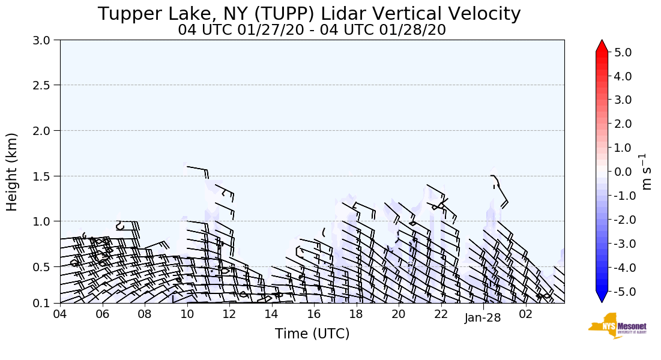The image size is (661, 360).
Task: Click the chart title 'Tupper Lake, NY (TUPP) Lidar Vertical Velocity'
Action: pos(309,14)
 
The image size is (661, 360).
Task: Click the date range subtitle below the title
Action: pos(312,29)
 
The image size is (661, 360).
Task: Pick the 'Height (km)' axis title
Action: pos(13,172)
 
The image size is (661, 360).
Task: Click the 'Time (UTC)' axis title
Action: pos(312,334)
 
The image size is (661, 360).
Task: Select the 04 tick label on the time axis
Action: pos(60,314)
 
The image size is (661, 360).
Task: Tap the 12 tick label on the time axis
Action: pos(229,314)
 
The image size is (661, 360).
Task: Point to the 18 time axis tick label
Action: pos(356,314)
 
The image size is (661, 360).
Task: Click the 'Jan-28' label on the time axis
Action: pos(482,318)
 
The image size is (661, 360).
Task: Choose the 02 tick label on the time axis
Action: pos(526,314)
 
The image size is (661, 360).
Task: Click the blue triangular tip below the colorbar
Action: pos(602,297)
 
